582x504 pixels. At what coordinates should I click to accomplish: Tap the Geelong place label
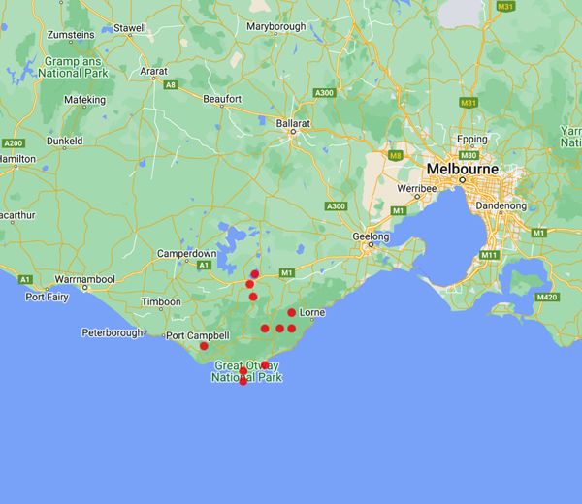pyautogui.click(x=371, y=236)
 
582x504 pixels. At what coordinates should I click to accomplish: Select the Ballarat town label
pyautogui.click(x=293, y=124)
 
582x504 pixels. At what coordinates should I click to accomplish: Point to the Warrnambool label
pyautogui.click(x=85, y=279)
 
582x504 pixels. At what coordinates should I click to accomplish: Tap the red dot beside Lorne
pyautogui.click(x=291, y=313)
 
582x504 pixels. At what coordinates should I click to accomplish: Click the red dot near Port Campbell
pyautogui.click(x=204, y=346)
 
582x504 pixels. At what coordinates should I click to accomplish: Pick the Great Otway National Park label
pyautogui.click(x=247, y=371)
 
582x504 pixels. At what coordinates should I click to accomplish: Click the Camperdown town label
pyautogui.click(x=187, y=254)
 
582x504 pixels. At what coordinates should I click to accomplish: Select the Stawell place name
pyautogui.click(x=129, y=28)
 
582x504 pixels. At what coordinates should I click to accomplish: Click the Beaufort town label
pyautogui.click(x=221, y=99)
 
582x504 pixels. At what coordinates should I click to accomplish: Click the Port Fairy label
pyautogui.click(x=48, y=297)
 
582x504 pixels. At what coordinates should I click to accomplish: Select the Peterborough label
pyautogui.click(x=112, y=332)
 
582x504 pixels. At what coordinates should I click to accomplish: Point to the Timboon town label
pyautogui.click(x=161, y=301)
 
